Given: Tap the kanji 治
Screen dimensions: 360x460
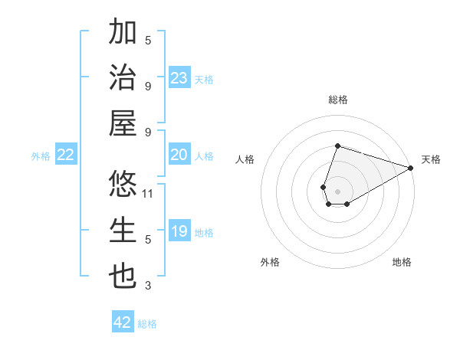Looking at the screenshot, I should tap(123, 78).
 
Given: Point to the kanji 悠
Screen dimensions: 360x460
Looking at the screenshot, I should tap(123, 185).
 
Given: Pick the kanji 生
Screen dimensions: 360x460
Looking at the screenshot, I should tap(123, 231).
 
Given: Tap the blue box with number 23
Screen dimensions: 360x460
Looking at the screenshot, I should tap(179, 77).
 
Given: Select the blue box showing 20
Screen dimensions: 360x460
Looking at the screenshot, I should tap(179, 155).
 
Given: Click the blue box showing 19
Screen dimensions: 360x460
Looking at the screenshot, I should tap(179, 231).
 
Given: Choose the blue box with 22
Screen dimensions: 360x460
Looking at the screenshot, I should tap(66, 155).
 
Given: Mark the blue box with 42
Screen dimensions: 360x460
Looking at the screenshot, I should tap(123, 322).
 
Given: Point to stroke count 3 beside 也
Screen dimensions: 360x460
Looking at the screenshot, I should tap(148, 286).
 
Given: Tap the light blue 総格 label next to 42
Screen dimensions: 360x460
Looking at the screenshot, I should tap(147, 323).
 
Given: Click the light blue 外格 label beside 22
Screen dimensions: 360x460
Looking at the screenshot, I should tap(41, 155).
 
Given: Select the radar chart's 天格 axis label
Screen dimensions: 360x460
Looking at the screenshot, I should tap(431, 159).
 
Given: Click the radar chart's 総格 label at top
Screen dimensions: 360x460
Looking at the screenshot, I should tap(337, 100).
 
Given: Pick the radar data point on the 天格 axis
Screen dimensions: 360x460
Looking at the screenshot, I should tap(410, 168).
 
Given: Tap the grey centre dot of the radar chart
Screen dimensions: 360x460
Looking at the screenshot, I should tap(337, 190).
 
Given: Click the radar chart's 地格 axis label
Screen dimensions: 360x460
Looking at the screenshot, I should tap(402, 262).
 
